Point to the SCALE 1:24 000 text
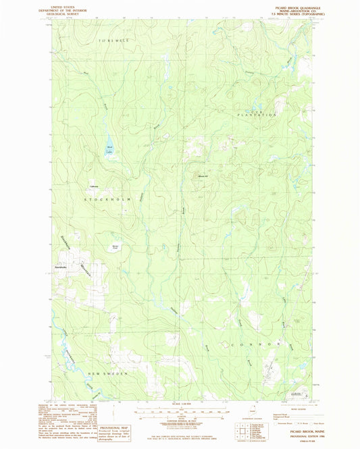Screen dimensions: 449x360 (x=179, y=405)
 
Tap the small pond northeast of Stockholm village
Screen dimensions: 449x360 (x=115, y=247)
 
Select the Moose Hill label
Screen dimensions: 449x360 (x=202, y=177)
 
